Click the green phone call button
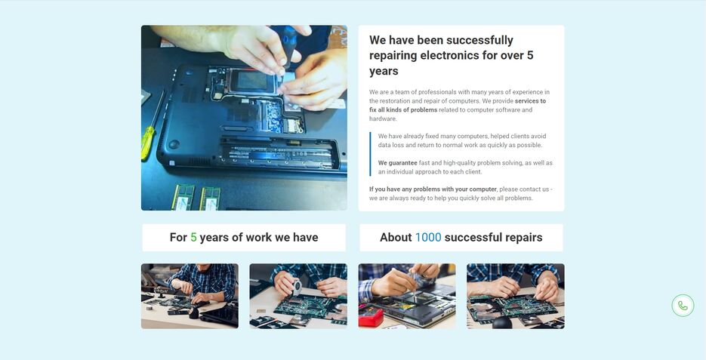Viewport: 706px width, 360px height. click(683, 306)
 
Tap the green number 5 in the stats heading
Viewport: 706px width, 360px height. click(193, 237)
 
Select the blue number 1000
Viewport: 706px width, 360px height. click(428, 237)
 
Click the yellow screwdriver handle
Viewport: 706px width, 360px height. click(148, 143)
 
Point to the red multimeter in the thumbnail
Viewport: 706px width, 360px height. click(370, 316)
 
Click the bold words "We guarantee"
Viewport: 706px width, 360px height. click(398, 163)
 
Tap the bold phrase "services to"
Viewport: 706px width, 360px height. click(530, 101)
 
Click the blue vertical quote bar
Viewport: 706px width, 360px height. click(370, 154)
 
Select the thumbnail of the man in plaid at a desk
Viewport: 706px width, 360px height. click(190, 296)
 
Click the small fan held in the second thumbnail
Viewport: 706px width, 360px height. click(297, 287)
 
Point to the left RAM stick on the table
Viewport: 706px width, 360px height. click(183, 198)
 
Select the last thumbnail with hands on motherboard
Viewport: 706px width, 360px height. click(516, 296)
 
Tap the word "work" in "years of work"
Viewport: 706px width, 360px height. click(259, 237)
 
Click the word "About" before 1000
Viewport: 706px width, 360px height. click(396, 237)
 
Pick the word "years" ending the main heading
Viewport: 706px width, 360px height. click(384, 72)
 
